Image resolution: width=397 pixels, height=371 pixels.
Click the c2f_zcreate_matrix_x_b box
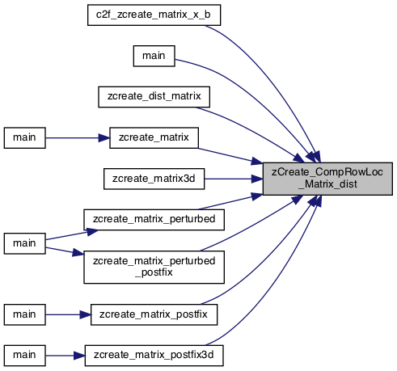tap(154, 15)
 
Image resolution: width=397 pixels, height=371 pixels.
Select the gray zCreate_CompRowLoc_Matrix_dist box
tap(327, 179)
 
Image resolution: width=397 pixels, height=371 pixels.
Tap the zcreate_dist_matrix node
tap(154, 97)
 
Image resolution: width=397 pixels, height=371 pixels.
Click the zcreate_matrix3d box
tap(154, 179)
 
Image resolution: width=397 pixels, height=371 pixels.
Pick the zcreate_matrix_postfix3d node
tap(154, 356)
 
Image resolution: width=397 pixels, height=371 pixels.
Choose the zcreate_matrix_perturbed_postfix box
tap(154, 267)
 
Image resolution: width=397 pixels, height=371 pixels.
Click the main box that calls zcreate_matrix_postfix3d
tap(24, 356)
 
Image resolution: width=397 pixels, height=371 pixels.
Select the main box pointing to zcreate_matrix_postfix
tap(24, 314)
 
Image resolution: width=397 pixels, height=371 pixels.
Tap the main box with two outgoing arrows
tap(24, 243)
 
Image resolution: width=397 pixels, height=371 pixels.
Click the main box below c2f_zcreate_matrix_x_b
tap(154, 56)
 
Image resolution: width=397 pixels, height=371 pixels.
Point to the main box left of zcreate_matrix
tap(24, 138)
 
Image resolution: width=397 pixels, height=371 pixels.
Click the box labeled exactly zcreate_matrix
tap(154, 138)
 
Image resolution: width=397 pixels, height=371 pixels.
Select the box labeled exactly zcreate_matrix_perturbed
tap(154, 220)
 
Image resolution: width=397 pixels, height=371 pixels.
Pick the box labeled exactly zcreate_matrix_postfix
tap(154, 314)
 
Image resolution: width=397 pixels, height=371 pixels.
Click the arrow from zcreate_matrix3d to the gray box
tap(234, 179)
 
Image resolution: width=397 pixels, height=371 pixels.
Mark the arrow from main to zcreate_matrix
tap(78, 138)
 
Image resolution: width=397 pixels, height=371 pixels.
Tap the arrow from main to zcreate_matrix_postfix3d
tap(65, 356)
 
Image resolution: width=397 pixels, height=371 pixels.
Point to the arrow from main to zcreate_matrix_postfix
tap(68, 314)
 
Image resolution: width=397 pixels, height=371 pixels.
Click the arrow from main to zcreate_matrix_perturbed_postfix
tap(65, 251)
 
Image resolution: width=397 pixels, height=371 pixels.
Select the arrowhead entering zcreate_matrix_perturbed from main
tap(92, 232)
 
